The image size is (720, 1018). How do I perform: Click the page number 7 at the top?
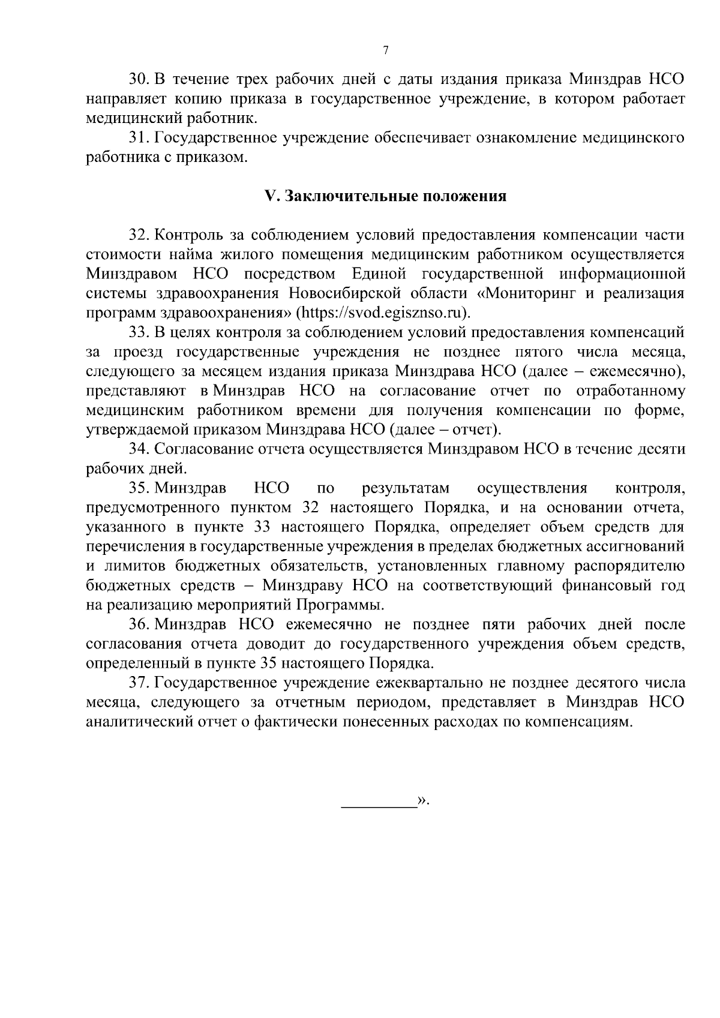point(386,50)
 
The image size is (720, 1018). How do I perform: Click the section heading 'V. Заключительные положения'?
point(386,197)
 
